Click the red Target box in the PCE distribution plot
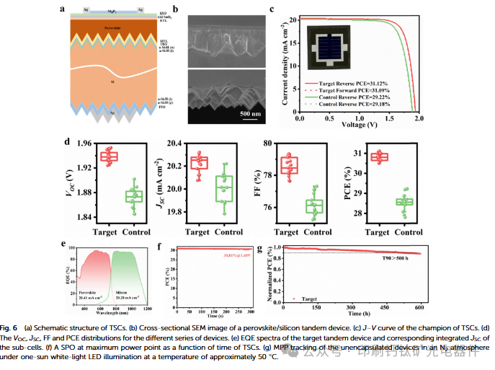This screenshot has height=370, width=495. [379, 157]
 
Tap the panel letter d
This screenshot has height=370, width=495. [66, 143]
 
